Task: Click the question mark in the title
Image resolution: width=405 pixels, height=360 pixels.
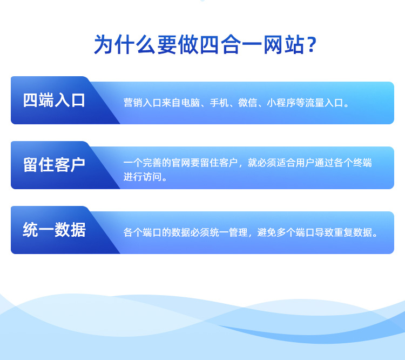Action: click(312, 44)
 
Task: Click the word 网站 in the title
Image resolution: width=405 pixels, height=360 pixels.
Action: click(284, 44)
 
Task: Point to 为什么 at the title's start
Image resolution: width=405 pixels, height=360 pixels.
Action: click(125, 44)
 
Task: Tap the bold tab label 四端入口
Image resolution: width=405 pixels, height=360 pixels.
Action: click(54, 101)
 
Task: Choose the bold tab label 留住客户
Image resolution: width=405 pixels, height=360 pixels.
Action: click(54, 165)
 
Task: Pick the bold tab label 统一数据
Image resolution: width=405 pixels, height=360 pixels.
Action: click(54, 230)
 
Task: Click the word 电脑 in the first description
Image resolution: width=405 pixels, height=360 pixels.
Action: click(191, 103)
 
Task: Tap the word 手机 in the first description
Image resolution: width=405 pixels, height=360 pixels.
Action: click(219, 103)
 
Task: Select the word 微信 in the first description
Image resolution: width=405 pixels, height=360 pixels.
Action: click(247, 103)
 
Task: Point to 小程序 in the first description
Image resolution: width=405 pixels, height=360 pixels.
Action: click(281, 103)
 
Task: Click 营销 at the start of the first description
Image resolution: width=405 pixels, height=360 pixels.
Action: click(133, 103)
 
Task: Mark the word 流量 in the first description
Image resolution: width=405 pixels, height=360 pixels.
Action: click(315, 103)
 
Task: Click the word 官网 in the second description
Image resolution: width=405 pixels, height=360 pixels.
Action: click(181, 163)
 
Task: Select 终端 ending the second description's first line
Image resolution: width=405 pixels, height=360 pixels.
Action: click(362, 163)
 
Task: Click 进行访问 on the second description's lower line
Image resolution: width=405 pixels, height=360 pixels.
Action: click(143, 177)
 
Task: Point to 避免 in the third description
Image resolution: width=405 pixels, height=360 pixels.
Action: click(267, 232)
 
